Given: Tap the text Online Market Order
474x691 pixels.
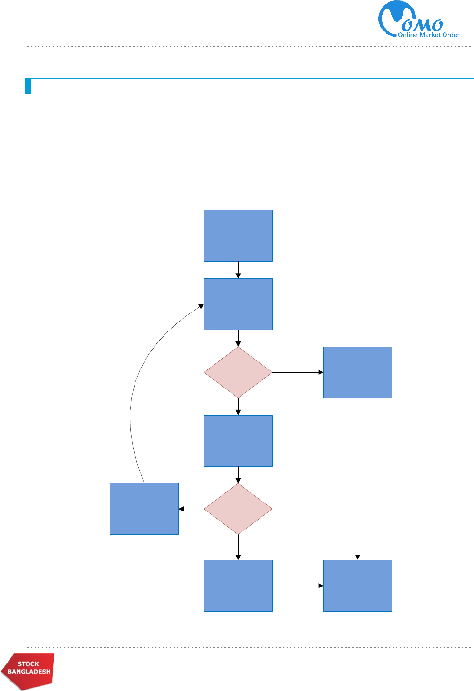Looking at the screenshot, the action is click(x=428, y=35).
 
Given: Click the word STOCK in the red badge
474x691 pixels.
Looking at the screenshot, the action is click(x=28, y=664).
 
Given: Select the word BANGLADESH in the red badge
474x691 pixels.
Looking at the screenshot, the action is click(x=29, y=672).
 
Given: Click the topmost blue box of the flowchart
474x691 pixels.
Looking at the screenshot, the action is click(x=238, y=236).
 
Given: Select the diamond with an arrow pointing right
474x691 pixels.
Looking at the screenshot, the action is click(x=238, y=372).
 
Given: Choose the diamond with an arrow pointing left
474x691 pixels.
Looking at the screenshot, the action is click(x=238, y=509).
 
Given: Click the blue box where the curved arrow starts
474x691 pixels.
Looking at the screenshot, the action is click(x=144, y=509).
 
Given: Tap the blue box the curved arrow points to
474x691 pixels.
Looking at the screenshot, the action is click(x=238, y=304).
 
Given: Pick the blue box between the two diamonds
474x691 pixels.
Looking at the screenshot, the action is click(x=238, y=441).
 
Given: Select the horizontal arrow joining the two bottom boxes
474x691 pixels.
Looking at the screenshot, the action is click(x=298, y=586).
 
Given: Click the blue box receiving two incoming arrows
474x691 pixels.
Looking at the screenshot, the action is click(x=358, y=586).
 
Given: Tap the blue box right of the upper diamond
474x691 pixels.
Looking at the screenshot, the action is click(x=358, y=372).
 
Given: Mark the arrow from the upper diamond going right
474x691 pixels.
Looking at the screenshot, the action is click(x=298, y=372).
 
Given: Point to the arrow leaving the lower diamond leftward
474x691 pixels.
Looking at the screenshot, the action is click(x=191, y=509).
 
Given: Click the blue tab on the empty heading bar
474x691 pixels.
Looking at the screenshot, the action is click(x=28, y=86).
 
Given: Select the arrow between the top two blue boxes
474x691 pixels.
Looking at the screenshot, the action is click(x=238, y=270).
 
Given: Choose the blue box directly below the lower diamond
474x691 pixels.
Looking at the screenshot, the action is click(x=238, y=586).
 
